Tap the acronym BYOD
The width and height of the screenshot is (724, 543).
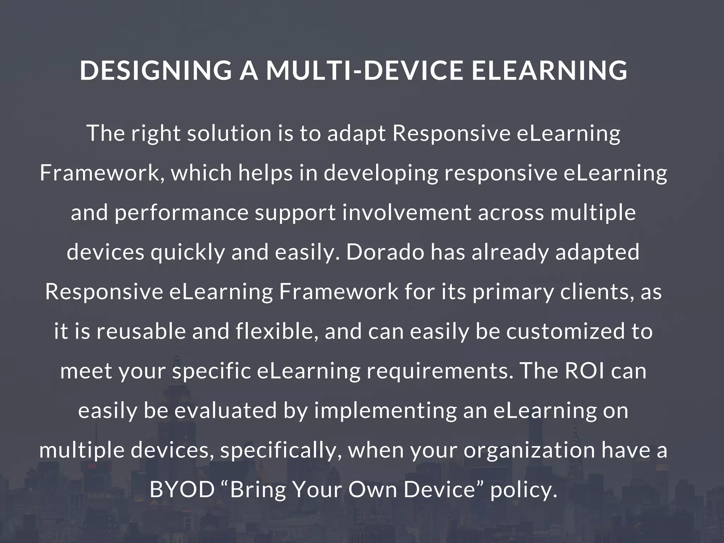tap(182, 490)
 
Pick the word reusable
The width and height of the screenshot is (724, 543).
tap(141, 332)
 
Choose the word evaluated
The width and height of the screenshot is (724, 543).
tap(226, 411)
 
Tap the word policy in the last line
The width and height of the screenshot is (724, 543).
tap(523, 490)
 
